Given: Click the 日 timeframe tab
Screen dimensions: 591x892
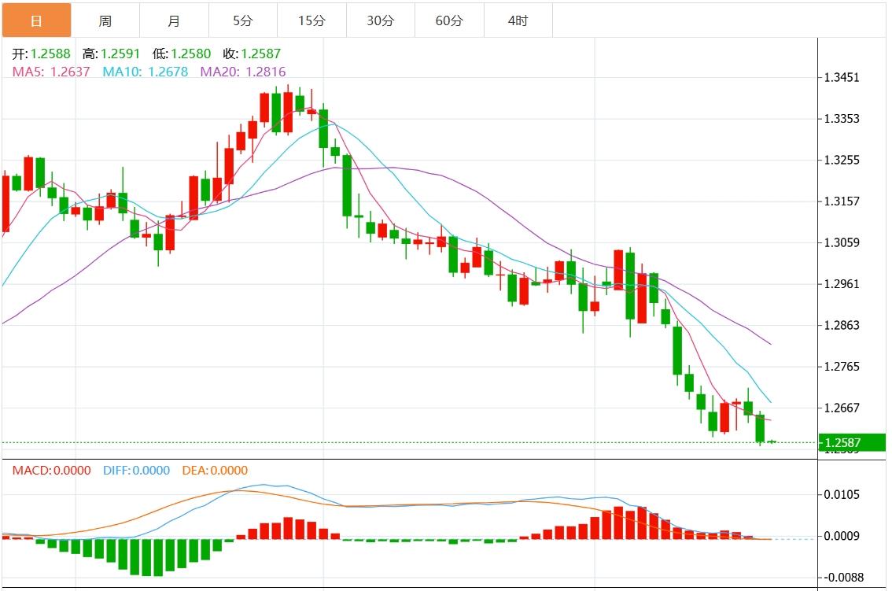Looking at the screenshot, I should coord(36,20).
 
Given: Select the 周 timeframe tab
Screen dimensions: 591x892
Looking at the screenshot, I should coord(105,20).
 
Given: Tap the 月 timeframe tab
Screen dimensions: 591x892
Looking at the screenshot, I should coord(174,20).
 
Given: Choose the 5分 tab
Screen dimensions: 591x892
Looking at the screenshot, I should coord(242,20).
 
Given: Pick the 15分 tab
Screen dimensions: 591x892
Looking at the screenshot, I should coord(311,20).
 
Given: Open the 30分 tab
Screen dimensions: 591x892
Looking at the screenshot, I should coord(380,20).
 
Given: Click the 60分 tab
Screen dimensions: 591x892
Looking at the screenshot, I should coord(449,20).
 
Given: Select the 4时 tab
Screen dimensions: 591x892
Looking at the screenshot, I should coord(518,20).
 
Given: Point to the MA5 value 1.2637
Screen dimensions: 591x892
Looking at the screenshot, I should coord(51,72).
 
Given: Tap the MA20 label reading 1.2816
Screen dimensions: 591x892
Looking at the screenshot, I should coord(243,72).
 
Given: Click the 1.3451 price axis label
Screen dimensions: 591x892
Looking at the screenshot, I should coord(841,78).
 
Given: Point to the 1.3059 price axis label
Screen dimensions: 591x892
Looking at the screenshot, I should coord(841,242).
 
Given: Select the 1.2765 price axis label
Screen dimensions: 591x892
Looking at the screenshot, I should coord(841,367).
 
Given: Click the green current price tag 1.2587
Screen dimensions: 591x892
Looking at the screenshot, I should coord(851,443).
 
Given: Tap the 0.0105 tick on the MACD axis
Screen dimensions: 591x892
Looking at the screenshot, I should coord(841,494).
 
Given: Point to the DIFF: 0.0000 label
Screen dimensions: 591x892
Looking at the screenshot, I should coord(136,471).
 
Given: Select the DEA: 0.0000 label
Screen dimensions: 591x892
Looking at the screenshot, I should coord(214,471).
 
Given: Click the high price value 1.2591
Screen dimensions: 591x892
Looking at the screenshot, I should coord(111,54).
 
